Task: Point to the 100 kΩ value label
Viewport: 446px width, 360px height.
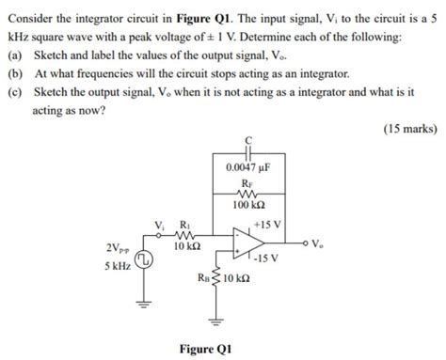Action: (248, 204)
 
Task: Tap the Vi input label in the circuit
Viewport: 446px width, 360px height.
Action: (161, 224)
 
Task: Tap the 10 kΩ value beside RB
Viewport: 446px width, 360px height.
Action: (235, 278)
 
